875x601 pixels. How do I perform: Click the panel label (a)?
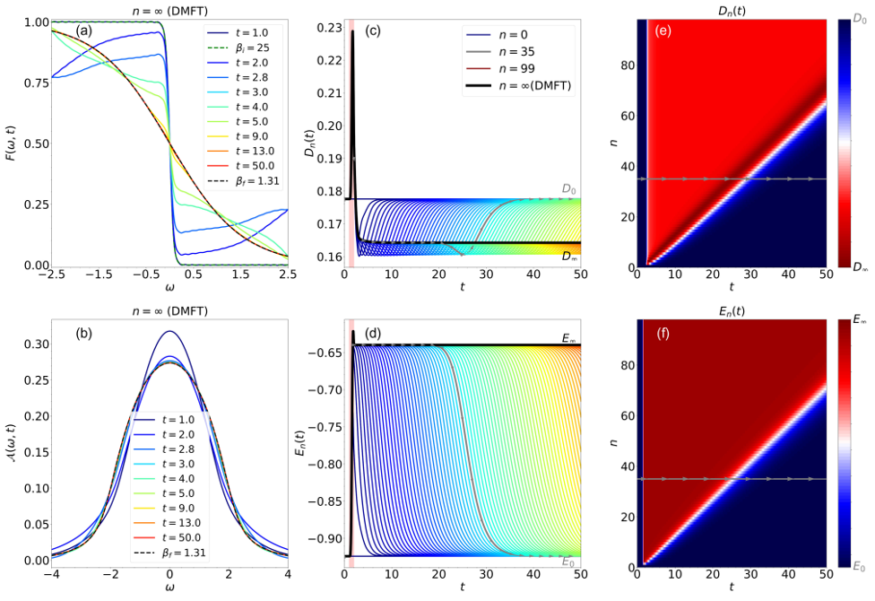click(84, 30)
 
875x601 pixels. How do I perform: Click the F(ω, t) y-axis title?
click(10, 144)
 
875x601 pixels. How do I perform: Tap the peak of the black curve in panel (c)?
click(353, 32)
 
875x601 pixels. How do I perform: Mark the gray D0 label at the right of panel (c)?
click(569, 189)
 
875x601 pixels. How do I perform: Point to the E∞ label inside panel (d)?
click(567, 338)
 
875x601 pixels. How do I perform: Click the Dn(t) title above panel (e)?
click(728, 8)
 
